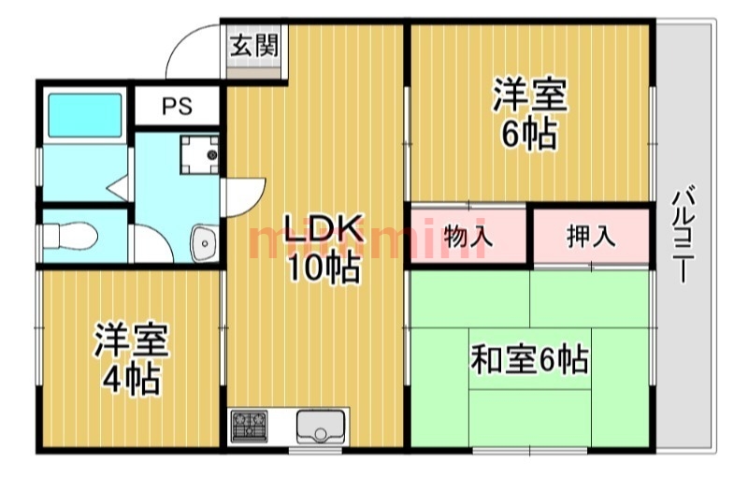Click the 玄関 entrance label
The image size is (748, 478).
(254, 46)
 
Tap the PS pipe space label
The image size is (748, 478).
(177, 106)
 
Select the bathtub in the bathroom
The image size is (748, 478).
(85, 115)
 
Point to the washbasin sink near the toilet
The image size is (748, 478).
(205, 243)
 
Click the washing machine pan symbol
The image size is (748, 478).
(199, 154)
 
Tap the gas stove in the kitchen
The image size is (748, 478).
(249, 426)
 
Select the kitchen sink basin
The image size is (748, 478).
(320, 426)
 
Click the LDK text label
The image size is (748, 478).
(324, 228)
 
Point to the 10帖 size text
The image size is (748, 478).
(324, 268)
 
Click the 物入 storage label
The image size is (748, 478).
(468, 236)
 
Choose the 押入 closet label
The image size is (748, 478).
(591, 236)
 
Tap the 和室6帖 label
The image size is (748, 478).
(529, 360)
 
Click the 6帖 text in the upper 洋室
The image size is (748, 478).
(529, 134)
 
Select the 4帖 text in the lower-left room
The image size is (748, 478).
(131, 379)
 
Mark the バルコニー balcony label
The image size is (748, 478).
(683, 234)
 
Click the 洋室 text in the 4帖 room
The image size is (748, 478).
(131, 340)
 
